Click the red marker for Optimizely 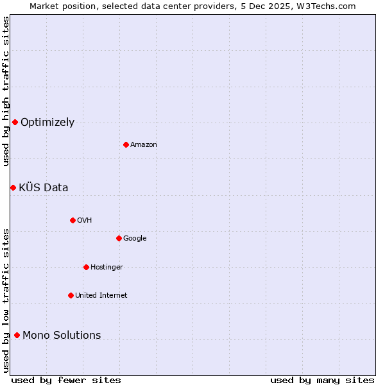point(15,122)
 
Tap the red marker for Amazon point(126,144)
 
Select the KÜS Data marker point(13,187)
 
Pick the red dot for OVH point(73,220)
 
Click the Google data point point(119,238)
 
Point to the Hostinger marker point(86,267)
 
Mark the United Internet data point point(71,295)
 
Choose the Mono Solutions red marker point(17,335)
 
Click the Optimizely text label point(47,123)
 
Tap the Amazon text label point(143,145)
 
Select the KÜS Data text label point(43,188)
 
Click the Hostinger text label point(107,268)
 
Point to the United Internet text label point(101,296)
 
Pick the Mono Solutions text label point(62,336)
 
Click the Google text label point(135,239)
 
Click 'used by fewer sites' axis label point(66,380)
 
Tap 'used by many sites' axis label point(322,380)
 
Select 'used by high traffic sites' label point(6,91)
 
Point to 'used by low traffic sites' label point(6,300)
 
